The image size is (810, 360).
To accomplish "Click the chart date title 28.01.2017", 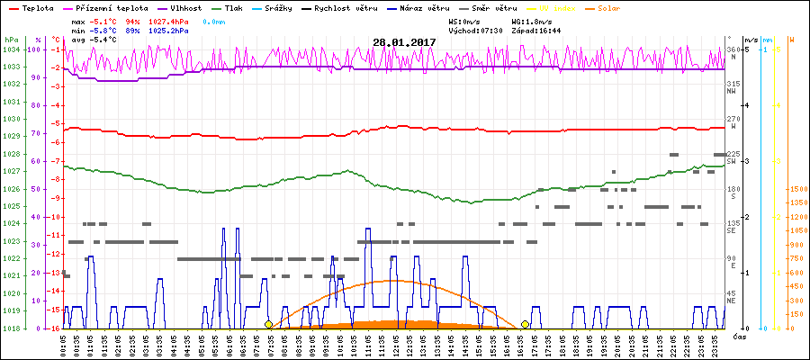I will tap(404, 42).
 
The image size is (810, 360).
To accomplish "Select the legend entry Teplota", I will tap(36, 7).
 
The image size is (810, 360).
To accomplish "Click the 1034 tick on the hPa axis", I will tap(11, 49).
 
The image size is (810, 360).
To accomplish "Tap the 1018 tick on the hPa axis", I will tap(11, 328).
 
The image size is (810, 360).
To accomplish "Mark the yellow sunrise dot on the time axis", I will tap(268, 324).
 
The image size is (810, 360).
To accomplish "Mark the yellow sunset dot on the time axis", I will tap(525, 324).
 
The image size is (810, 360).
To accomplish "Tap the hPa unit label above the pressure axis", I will tap(11, 40).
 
